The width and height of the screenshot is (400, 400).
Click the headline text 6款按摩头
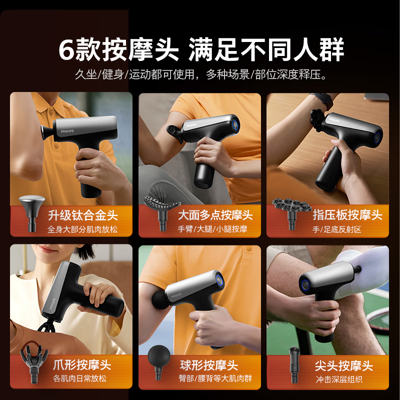tap(118, 49)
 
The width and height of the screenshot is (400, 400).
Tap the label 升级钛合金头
tap(83, 215)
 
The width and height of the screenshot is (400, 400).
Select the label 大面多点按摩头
tap(215, 215)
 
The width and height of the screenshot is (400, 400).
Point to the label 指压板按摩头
tap(347, 214)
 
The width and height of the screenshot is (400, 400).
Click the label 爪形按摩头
tap(82, 365)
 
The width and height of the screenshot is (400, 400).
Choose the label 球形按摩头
tap(209, 365)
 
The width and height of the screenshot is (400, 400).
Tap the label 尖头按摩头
tap(344, 366)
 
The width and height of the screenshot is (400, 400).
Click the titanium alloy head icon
tap(32, 213)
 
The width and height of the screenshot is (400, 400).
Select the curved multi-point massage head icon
tap(162, 213)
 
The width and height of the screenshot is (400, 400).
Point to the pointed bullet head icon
tap(294, 365)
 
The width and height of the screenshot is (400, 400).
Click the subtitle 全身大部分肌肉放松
tap(82, 229)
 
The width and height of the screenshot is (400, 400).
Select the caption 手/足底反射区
tap(336, 229)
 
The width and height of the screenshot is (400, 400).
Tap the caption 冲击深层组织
tap(339, 379)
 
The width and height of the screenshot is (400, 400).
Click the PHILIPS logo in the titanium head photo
tap(67, 131)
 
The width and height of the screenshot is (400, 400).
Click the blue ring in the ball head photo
tap(219, 279)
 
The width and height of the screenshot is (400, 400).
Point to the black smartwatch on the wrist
tap(324, 100)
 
